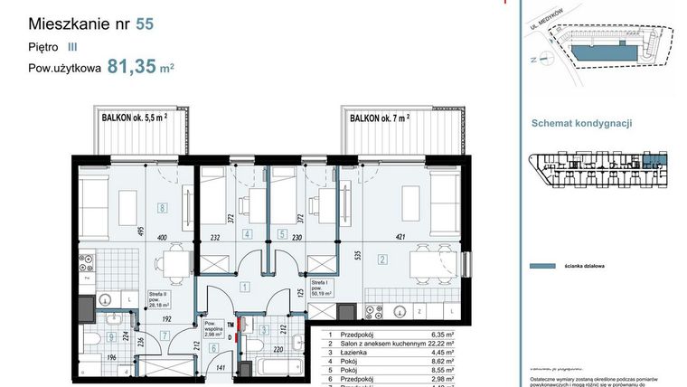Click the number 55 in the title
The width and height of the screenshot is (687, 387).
[144, 24]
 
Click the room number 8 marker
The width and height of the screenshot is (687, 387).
[162, 207]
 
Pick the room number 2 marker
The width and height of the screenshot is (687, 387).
[382, 260]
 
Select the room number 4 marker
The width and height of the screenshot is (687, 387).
[249, 232]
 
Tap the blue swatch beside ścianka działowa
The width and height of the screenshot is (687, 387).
[541, 267]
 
